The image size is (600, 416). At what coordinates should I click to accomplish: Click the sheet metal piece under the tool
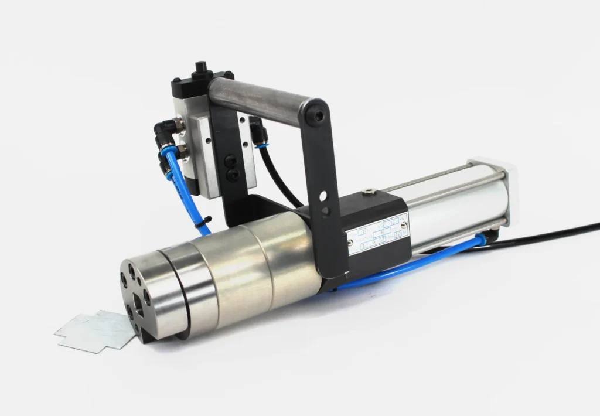pyautogui.click(x=94, y=331)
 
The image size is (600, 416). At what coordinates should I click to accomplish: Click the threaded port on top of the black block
pyautogui.click(x=368, y=191)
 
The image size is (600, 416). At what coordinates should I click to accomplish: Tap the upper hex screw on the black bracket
pyautogui.click(x=229, y=158)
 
